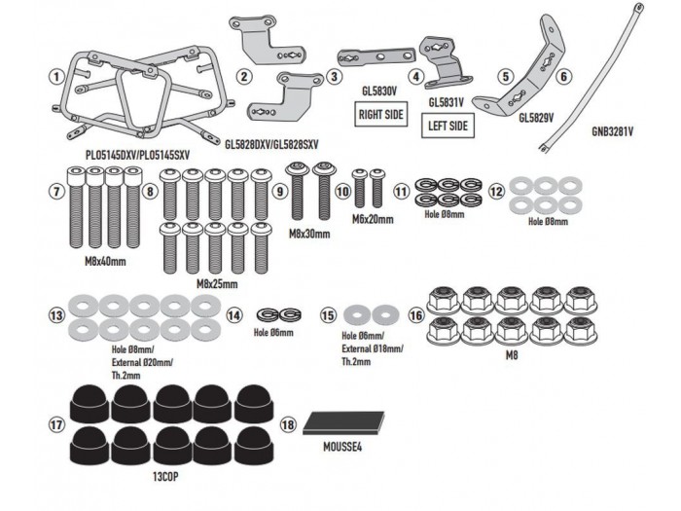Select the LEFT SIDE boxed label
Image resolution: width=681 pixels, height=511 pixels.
446,127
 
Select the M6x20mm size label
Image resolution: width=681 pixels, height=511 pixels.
374,220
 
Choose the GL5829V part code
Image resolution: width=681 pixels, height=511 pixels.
536,118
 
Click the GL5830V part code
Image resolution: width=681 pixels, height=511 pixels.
378,90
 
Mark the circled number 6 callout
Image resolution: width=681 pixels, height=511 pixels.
565,76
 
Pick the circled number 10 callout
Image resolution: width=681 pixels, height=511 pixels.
340,192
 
